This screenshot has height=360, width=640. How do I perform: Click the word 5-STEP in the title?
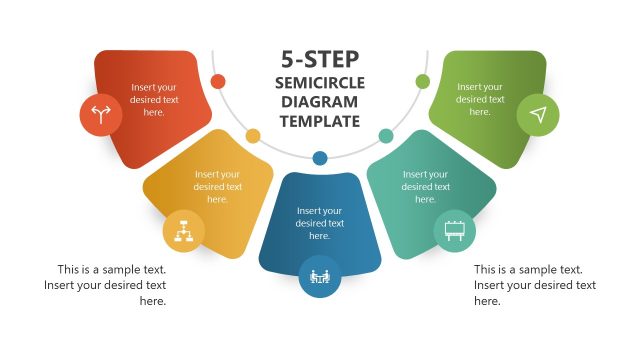(x=320, y=59)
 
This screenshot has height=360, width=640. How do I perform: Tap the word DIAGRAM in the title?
(x=320, y=102)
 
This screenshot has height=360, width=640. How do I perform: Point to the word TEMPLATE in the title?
(x=320, y=122)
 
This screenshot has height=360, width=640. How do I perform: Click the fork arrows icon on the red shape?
(x=101, y=114)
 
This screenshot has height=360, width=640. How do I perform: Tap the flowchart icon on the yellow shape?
(x=184, y=231)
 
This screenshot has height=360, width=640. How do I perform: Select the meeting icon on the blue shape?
(x=320, y=276)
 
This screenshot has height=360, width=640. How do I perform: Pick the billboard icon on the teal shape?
(x=453, y=231)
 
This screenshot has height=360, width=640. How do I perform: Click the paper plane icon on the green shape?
(x=538, y=115)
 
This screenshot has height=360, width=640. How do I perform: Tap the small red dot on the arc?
(x=218, y=81)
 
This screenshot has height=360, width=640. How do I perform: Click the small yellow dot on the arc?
(x=253, y=135)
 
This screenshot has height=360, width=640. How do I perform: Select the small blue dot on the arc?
(x=320, y=158)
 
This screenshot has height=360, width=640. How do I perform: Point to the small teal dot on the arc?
(x=386, y=135)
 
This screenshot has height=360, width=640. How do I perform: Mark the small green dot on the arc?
(x=422, y=81)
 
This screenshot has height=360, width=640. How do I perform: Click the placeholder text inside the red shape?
(x=154, y=100)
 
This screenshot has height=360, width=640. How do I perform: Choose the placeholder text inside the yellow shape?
(x=218, y=186)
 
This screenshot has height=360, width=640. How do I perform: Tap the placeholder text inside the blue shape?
(x=320, y=223)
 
